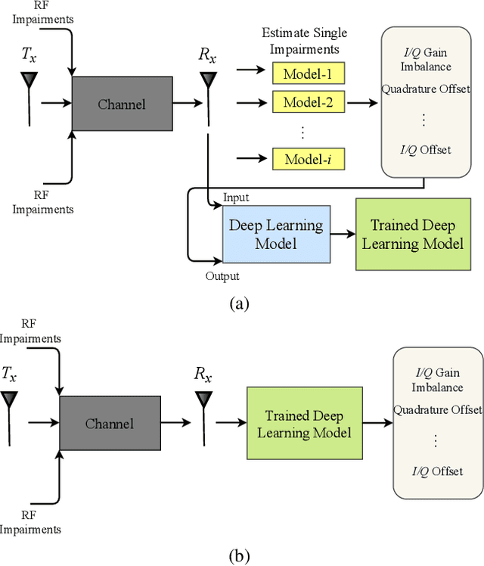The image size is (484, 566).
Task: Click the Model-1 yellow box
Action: click(x=308, y=73)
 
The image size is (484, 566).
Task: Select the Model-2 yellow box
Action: click(x=308, y=101)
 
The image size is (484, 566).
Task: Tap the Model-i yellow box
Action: click(x=308, y=159)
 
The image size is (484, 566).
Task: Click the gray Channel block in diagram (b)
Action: click(x=110, y=424)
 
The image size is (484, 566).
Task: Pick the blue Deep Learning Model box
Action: click(x=275, y=235)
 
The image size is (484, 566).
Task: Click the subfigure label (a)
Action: click(x=238, y=304)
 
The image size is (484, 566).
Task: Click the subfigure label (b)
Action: click(x=238, y=555)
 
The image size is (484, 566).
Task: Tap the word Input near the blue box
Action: click(x=235, y=198)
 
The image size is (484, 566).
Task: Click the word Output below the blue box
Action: click(x=222, y=276)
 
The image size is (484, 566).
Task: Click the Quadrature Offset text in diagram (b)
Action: click(x=437, y=410)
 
